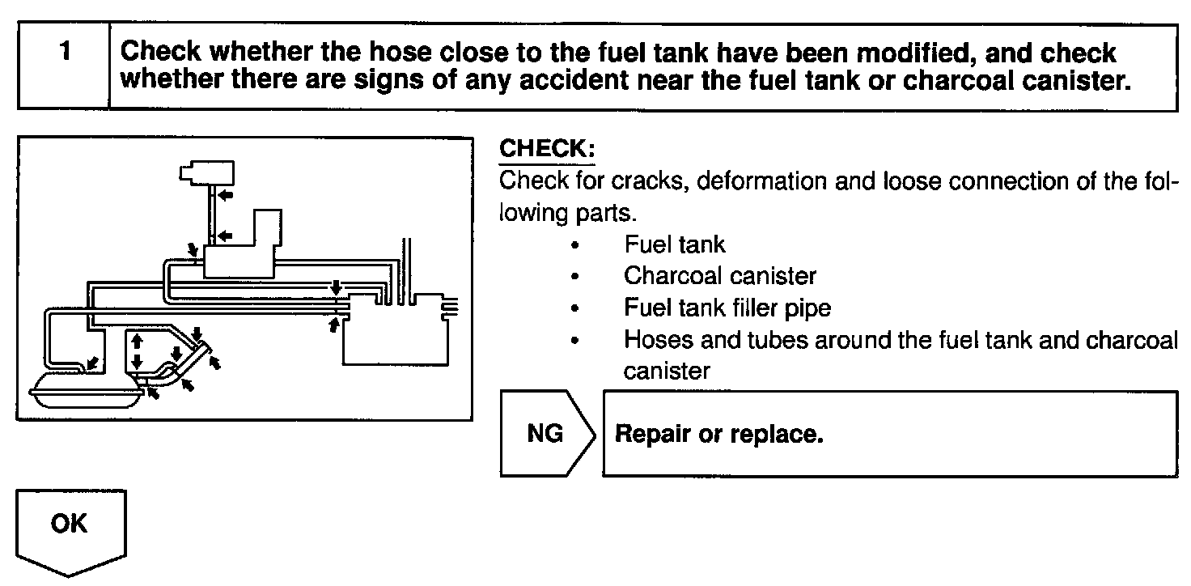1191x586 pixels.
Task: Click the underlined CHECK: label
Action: [548, 150]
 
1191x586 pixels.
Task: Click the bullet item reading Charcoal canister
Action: [719, 276]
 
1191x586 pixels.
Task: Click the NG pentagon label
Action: [545, 434]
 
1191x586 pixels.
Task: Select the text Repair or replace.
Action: [719, 434]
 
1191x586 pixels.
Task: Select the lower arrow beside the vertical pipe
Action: [226, 236]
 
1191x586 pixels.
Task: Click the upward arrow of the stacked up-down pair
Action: [137, 341]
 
